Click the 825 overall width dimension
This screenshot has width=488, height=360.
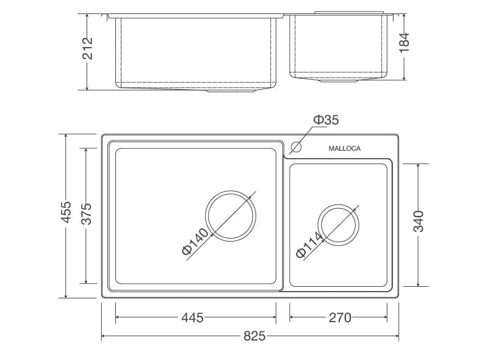[x=254, y=336]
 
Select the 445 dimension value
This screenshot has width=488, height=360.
[x=192, y=318]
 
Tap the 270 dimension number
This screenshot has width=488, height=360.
[x=340, y=318]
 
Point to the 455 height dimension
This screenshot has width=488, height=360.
[x=66, y=212]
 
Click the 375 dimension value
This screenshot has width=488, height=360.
[x=86, y=214]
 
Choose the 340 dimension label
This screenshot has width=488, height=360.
[x=418, y=221]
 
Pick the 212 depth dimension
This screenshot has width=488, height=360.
[x=87, y=48]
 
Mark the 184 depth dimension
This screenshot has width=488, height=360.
[x=404, y=43]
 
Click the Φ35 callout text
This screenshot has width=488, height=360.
[x=326, y=120]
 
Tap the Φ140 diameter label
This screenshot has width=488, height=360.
[x=195, y=242]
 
